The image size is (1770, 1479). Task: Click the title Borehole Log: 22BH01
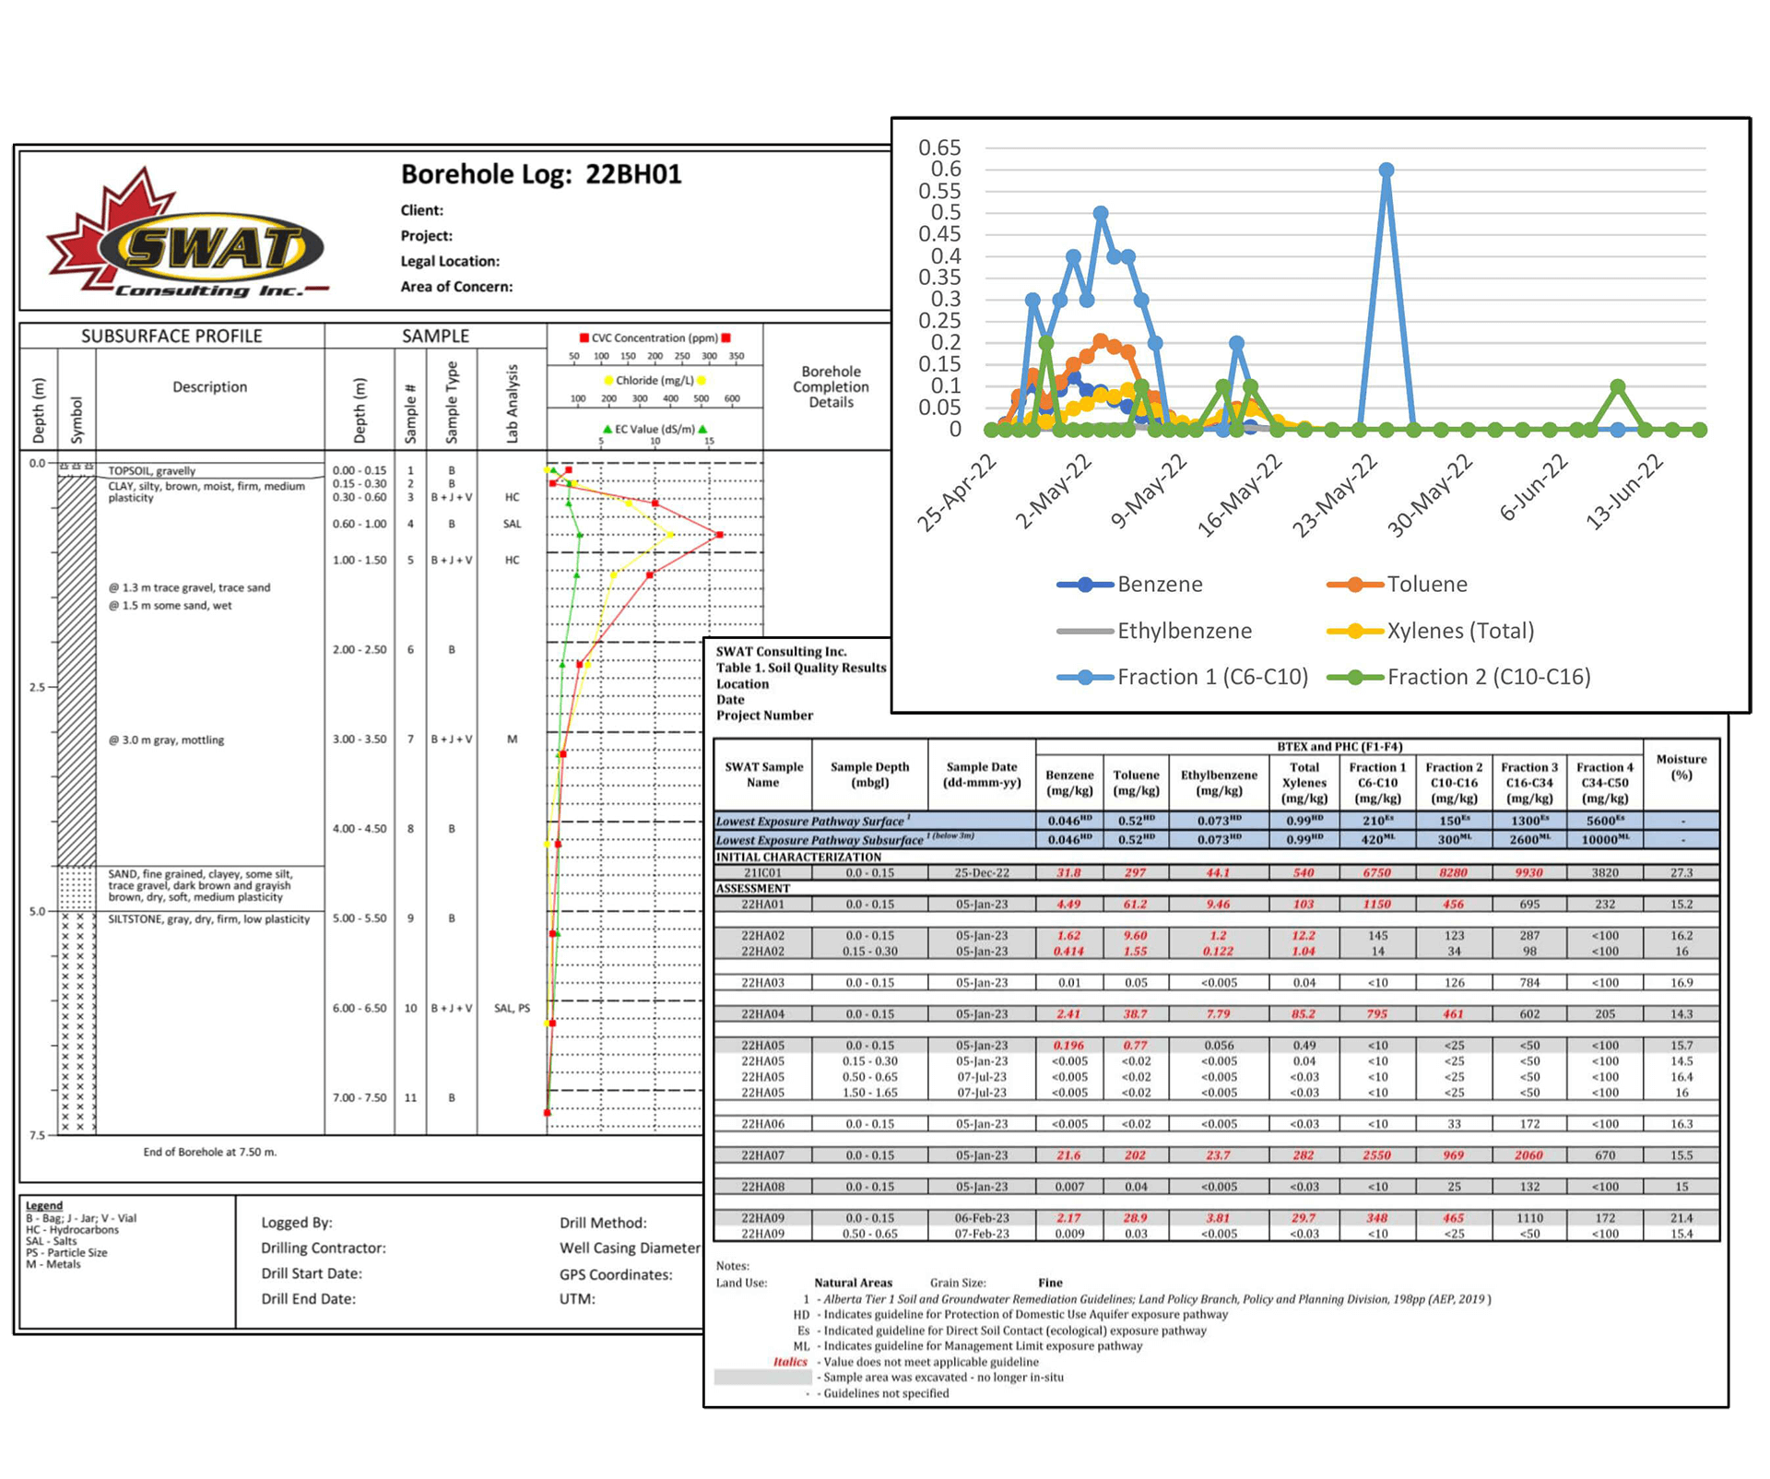click(x=540, y=174)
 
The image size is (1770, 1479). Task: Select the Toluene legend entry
click(x=1425, y=584)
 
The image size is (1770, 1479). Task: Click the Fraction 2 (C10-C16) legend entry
click(x=1487, y=677)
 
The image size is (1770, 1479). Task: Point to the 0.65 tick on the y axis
click(x=939, y=148)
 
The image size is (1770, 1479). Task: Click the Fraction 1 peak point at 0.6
click(x=1386, y=170)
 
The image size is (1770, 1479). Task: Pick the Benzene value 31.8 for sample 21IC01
click(x=1068, y=872)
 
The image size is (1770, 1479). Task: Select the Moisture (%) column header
click(x=1681, y=767)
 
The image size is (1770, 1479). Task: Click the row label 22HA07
click(x=762, y=1155)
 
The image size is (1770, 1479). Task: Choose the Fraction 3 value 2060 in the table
click(x=1528, y=1155)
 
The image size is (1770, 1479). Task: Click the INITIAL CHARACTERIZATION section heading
click(x=798, y=857)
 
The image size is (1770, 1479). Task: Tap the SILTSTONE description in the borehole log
click(x=208, y=919)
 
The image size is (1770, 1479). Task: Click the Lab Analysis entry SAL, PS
click(x=512, y=1008)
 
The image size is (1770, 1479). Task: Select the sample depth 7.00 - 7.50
click(x=360, y=1097)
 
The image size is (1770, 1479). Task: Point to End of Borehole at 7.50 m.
click(x=209, y=1152)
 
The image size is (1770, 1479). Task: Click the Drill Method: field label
click(x=603, y=1223)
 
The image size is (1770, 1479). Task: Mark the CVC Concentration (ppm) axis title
click(x=655, y=338)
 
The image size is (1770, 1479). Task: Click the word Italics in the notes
click(x=789, y=1362)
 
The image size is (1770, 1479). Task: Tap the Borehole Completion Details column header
click(x=831, y=386)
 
